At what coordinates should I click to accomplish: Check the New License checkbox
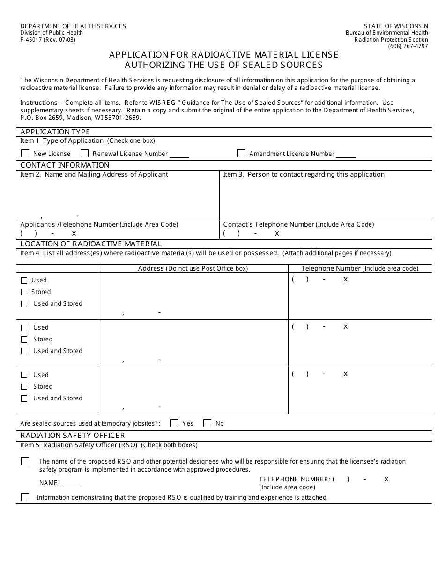pos(25,154)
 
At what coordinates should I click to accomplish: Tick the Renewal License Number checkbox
pos(85,154)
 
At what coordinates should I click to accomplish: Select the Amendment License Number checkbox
pos(241,154)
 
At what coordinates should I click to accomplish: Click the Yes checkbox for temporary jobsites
pos(174,423)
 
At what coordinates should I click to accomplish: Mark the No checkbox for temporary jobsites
pos(207,423)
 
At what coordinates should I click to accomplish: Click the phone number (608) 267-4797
pos(408,46)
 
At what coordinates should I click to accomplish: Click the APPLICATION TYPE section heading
pos(55,132)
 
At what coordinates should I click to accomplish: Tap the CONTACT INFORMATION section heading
pos(65,165)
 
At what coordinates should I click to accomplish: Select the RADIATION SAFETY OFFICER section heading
pos(73,436)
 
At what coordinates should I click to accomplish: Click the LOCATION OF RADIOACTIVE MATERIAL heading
pos(91,244)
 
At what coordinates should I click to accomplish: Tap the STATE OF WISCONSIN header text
pos(396,26)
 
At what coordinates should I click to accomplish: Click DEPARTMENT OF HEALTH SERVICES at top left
pos(73,26)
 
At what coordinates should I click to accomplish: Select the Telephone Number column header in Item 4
pos(359,268)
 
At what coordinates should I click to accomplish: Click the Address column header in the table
pos(193,268)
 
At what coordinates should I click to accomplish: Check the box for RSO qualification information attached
pos(25,497)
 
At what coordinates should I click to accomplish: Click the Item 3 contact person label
pos(304,175)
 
